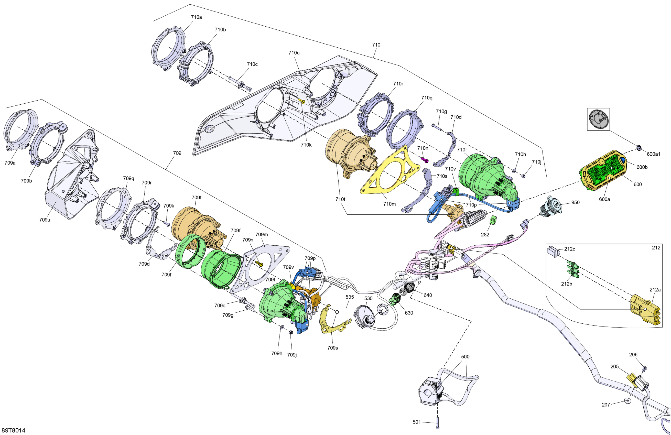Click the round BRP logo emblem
pos(599,119)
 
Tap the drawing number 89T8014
pos(13,430)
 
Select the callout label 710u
pos(294,53)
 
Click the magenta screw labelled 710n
pos(425,160)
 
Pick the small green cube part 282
pos(493,220)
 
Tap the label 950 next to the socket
pos(576,202)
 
